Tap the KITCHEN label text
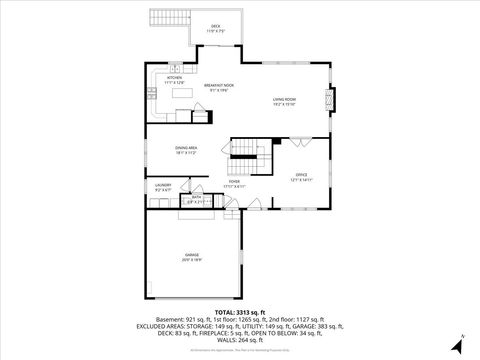tap(175, 77)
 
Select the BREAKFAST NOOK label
tap(218, 87)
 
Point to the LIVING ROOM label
tap(285, 99)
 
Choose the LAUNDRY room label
tap(163, 185)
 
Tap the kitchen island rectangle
tap(183, 94)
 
